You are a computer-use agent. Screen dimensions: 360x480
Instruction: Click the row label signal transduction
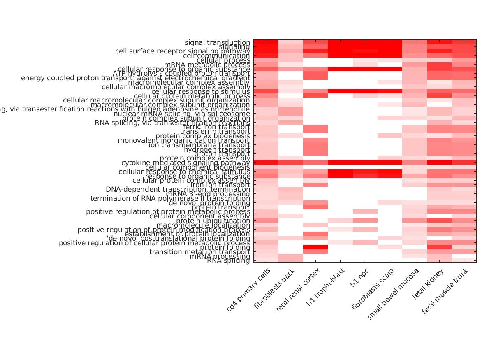tap(217, 42)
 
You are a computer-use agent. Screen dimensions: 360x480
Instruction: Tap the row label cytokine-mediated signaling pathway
tap(186, 163)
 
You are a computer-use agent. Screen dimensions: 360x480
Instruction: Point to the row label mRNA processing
tap(220, 256)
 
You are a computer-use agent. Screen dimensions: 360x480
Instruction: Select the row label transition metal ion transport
tap(199, 252)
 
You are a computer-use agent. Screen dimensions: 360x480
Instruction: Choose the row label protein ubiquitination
tap(213, 221)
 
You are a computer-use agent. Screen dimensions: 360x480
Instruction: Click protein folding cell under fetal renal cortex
tap(315, 247)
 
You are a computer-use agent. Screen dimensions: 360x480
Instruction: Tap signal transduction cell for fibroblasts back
tap(291, 42)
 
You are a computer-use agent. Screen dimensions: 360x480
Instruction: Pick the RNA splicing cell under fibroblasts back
tap(291, 260)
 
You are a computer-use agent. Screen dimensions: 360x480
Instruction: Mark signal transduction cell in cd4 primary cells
tap(266, 42)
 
